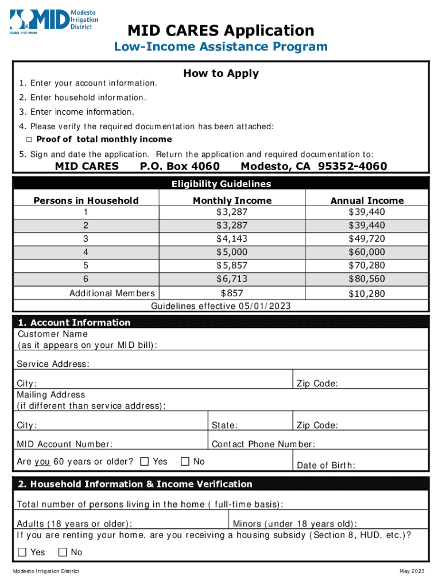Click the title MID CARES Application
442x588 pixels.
coord(220,30)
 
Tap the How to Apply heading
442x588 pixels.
coord(221,73)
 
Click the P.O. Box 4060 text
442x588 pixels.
coord(180,167)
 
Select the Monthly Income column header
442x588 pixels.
coord(232,200)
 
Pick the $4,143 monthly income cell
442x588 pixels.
coord(232,239)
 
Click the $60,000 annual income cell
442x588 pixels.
coord(367,252)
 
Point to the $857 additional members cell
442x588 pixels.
coord(232,293)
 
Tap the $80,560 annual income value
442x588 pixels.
coord(367,279)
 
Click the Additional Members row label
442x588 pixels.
coord(112,293)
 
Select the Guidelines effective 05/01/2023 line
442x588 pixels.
coord(220,306)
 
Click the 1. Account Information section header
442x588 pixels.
coord(74,322)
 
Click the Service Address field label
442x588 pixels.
coord(53,364)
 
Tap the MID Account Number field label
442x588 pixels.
coord(64,444)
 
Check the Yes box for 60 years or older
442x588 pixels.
coord(145,461)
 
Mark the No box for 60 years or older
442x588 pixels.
coord(185,461)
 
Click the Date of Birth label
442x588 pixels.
coord(325,465)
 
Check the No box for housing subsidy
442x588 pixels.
coord(63,552)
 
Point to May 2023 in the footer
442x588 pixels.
coord(412,571)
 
